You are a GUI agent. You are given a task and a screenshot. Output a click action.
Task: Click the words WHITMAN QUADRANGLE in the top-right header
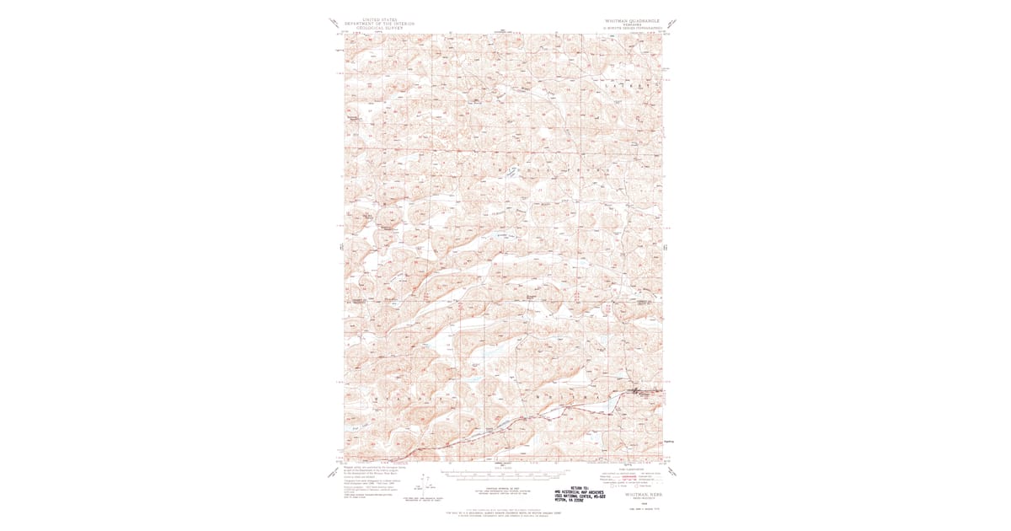tap(637, 19)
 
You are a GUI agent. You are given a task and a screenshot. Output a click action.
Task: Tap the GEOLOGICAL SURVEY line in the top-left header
tap(382, 28)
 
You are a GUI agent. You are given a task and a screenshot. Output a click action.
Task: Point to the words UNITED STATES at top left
tap(382, 19)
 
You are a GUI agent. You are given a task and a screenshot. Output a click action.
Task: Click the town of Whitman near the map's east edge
tap(640, 391)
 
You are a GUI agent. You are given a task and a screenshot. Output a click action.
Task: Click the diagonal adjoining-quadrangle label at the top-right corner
tap(671, 25)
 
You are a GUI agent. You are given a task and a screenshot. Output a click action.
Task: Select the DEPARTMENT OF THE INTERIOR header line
tap(382, 23)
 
